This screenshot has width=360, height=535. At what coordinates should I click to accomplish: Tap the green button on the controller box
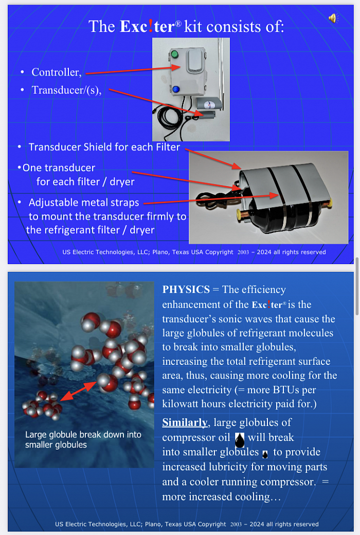tap(175, 54)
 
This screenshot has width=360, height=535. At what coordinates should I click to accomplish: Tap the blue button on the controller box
tap(176, 89)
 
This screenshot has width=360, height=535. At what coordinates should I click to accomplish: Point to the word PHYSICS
tap(186, 289)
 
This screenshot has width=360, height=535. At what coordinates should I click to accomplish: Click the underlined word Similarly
tap(185, 422)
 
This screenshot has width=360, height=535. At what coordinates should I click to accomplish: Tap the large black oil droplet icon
tap(240, 439)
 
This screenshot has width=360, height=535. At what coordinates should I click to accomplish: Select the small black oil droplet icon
tap(265, 454)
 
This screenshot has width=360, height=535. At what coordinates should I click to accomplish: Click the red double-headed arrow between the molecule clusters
tap(79, 391)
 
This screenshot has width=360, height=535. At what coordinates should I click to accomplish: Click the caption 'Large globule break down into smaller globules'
tap(83, 439)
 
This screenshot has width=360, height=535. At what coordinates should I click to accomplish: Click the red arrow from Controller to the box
tap(133, 69)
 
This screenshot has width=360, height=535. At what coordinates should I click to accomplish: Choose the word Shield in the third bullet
tap(98, 147)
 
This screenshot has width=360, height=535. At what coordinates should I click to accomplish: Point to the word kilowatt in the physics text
tap(180, 404)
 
